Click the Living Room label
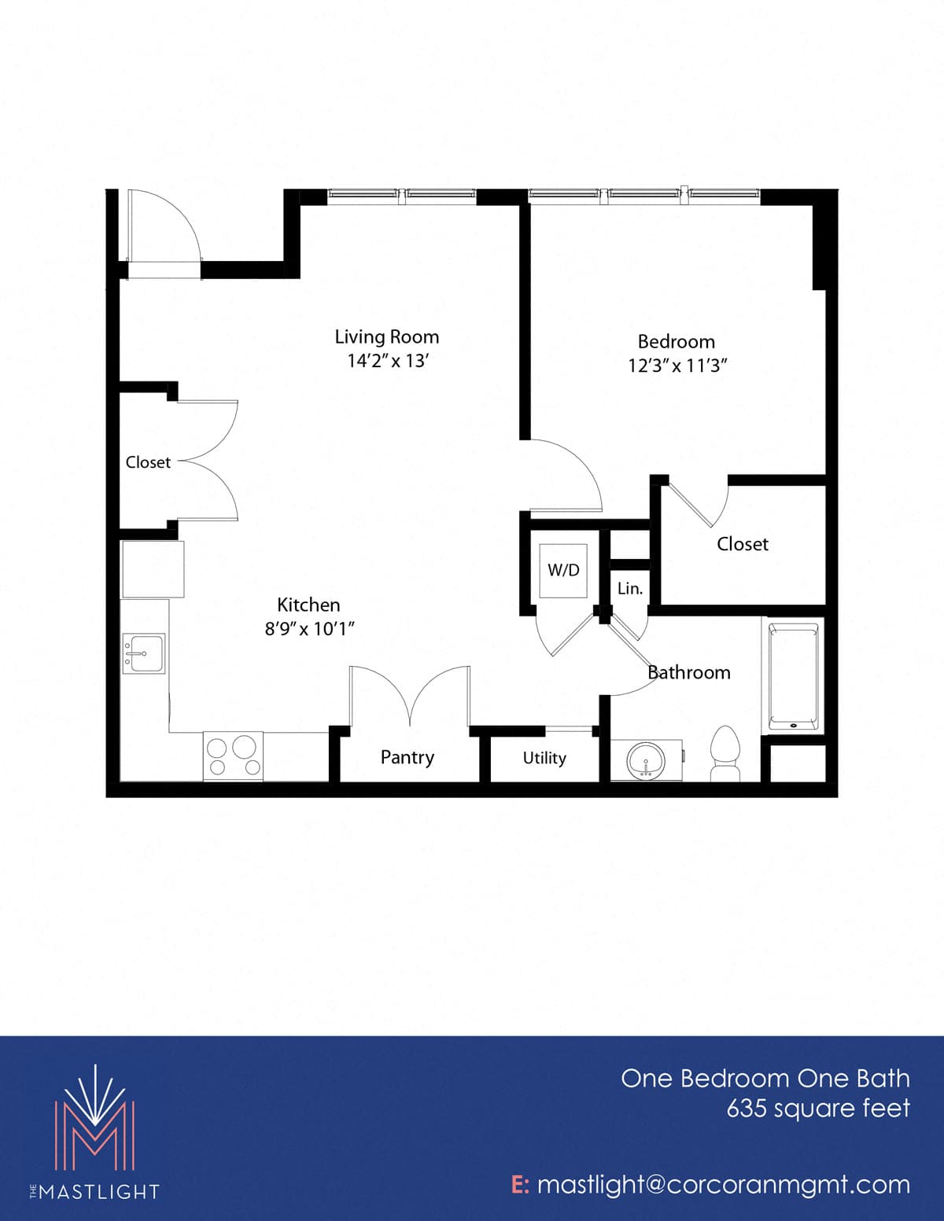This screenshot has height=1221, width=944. click(x=387, y=337)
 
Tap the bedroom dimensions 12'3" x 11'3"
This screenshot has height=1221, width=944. click(x=677, y=366)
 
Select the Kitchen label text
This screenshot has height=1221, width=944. click(x=308, y=605)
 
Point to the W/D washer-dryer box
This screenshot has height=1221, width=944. click(x=563, y=570)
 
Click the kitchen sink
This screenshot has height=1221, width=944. click(x=144, y=653)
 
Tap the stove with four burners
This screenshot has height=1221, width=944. click(x=233, y=756)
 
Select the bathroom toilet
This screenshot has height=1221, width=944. click(x=725, y=753)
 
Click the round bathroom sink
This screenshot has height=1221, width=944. click(x=647, y=760)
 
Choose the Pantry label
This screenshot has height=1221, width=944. click(x=407, y=757)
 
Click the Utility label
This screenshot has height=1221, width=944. click(x=544, y=758)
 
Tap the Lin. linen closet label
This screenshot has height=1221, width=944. click(x=629, y=588)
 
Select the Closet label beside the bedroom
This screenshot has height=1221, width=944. click(x=742, y=544)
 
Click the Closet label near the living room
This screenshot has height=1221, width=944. click(x=148, y=462)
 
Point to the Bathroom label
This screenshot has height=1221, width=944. click(x=689, y=672)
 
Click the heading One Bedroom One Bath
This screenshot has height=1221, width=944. click(x=765, y=1079)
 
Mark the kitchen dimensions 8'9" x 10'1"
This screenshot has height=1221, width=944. click(x=310, y=628)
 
